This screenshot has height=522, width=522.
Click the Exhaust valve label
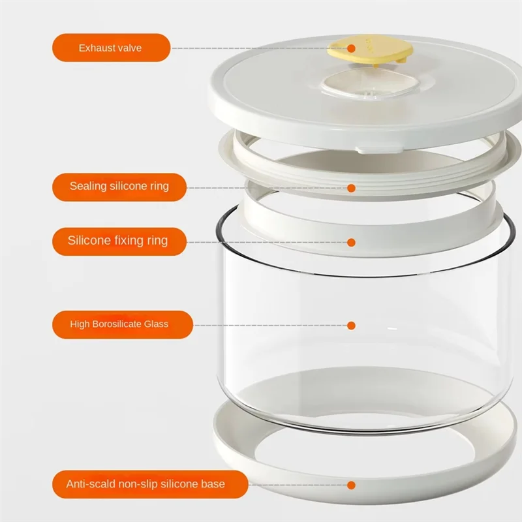click(x=111, y=48)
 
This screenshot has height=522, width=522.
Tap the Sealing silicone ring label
click(x=119, y=187)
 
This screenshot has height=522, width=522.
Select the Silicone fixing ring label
click(x=118, y=241)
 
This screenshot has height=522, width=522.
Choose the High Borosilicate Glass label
click(x=119, y=324)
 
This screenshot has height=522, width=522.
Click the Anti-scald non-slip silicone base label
click(x=146, y=484)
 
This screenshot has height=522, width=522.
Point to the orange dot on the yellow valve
click(x=351, y=48)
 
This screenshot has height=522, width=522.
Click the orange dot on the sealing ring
click(x=351, y=188)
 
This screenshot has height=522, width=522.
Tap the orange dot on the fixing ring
click(x=351, y=242)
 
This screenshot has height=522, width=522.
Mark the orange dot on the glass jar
click(x=351, y=325)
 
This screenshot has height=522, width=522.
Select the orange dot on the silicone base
click(x=351, y=485)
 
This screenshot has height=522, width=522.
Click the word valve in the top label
click(x=130, y=48)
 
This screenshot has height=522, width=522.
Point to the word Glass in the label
click(x=157, y=324)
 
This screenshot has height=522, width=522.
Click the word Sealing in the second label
click(x=88, y=187)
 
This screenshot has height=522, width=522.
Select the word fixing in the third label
click(x=124, y=241)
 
